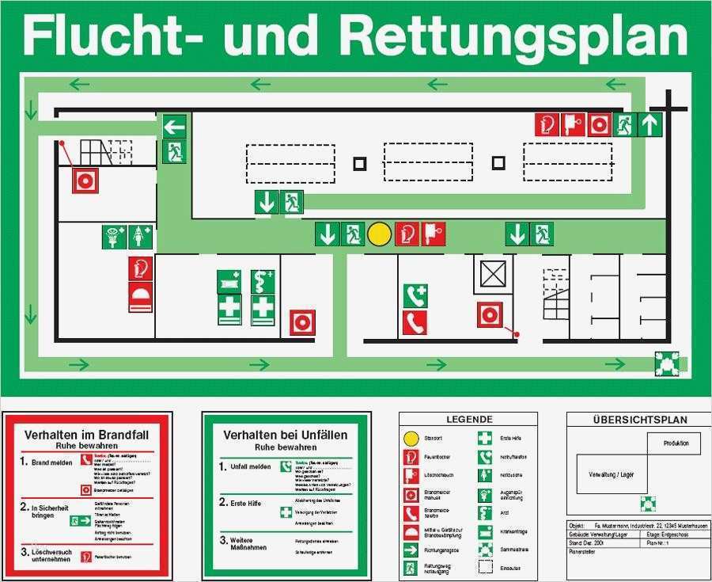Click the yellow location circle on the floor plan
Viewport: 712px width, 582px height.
(x=380, y=234)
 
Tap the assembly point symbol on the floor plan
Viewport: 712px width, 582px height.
(x=666, y=363)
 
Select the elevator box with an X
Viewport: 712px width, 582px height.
(x=492, y=276)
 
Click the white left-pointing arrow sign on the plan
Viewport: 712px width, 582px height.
(x=174, y=126)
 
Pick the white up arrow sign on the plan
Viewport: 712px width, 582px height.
(x=650, y=124)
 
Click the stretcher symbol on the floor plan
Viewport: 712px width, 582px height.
(x=229, y=281)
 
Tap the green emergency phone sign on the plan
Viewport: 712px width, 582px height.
(x=415, y=296)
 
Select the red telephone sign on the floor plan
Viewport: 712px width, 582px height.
(x=415, y=322)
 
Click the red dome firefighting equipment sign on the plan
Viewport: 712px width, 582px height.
(x=141, y=298)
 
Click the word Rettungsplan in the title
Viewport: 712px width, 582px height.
(x=514, y=36)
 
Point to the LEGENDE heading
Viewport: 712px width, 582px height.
(x=469, y=420)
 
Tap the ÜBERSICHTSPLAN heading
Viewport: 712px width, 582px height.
(x=640, y=420)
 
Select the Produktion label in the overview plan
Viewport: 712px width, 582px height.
(x=676, y=443)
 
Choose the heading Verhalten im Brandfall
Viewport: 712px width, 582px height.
(x=87, y=435)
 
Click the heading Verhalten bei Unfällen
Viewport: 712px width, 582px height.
(x=286, y=435)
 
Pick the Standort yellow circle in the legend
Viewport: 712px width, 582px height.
(x=410, y=438)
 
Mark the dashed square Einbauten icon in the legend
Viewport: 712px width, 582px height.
(x=485, y=567)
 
